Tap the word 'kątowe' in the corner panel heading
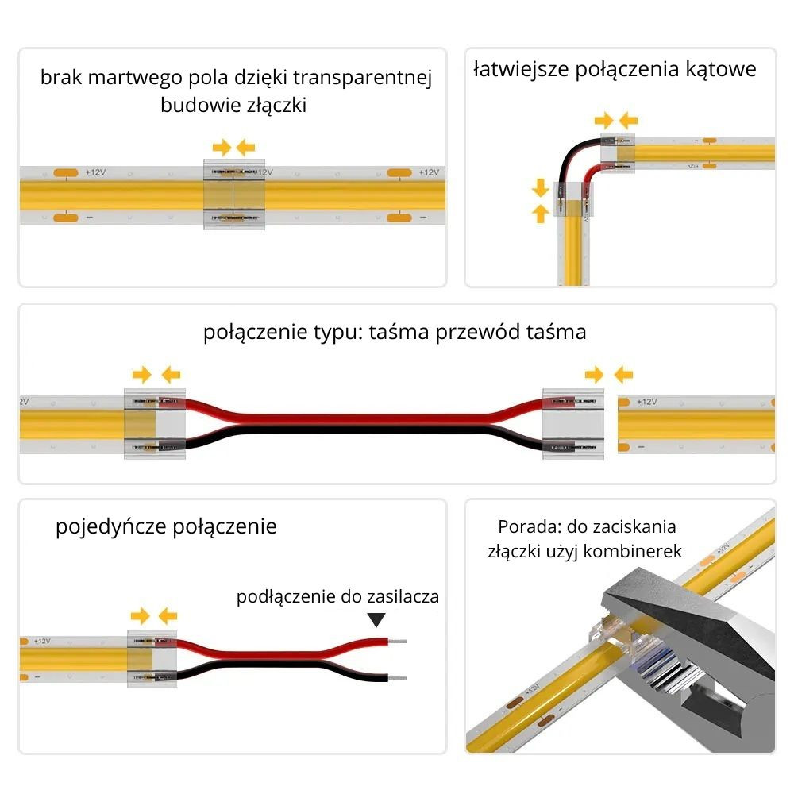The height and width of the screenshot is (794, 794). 719,69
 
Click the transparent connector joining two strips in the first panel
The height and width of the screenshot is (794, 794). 233,195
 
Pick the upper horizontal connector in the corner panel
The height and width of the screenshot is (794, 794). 617,152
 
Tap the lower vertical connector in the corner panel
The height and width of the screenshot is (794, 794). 573,200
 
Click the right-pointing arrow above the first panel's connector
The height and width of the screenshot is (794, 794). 222,147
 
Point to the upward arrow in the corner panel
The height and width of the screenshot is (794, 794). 541,213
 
